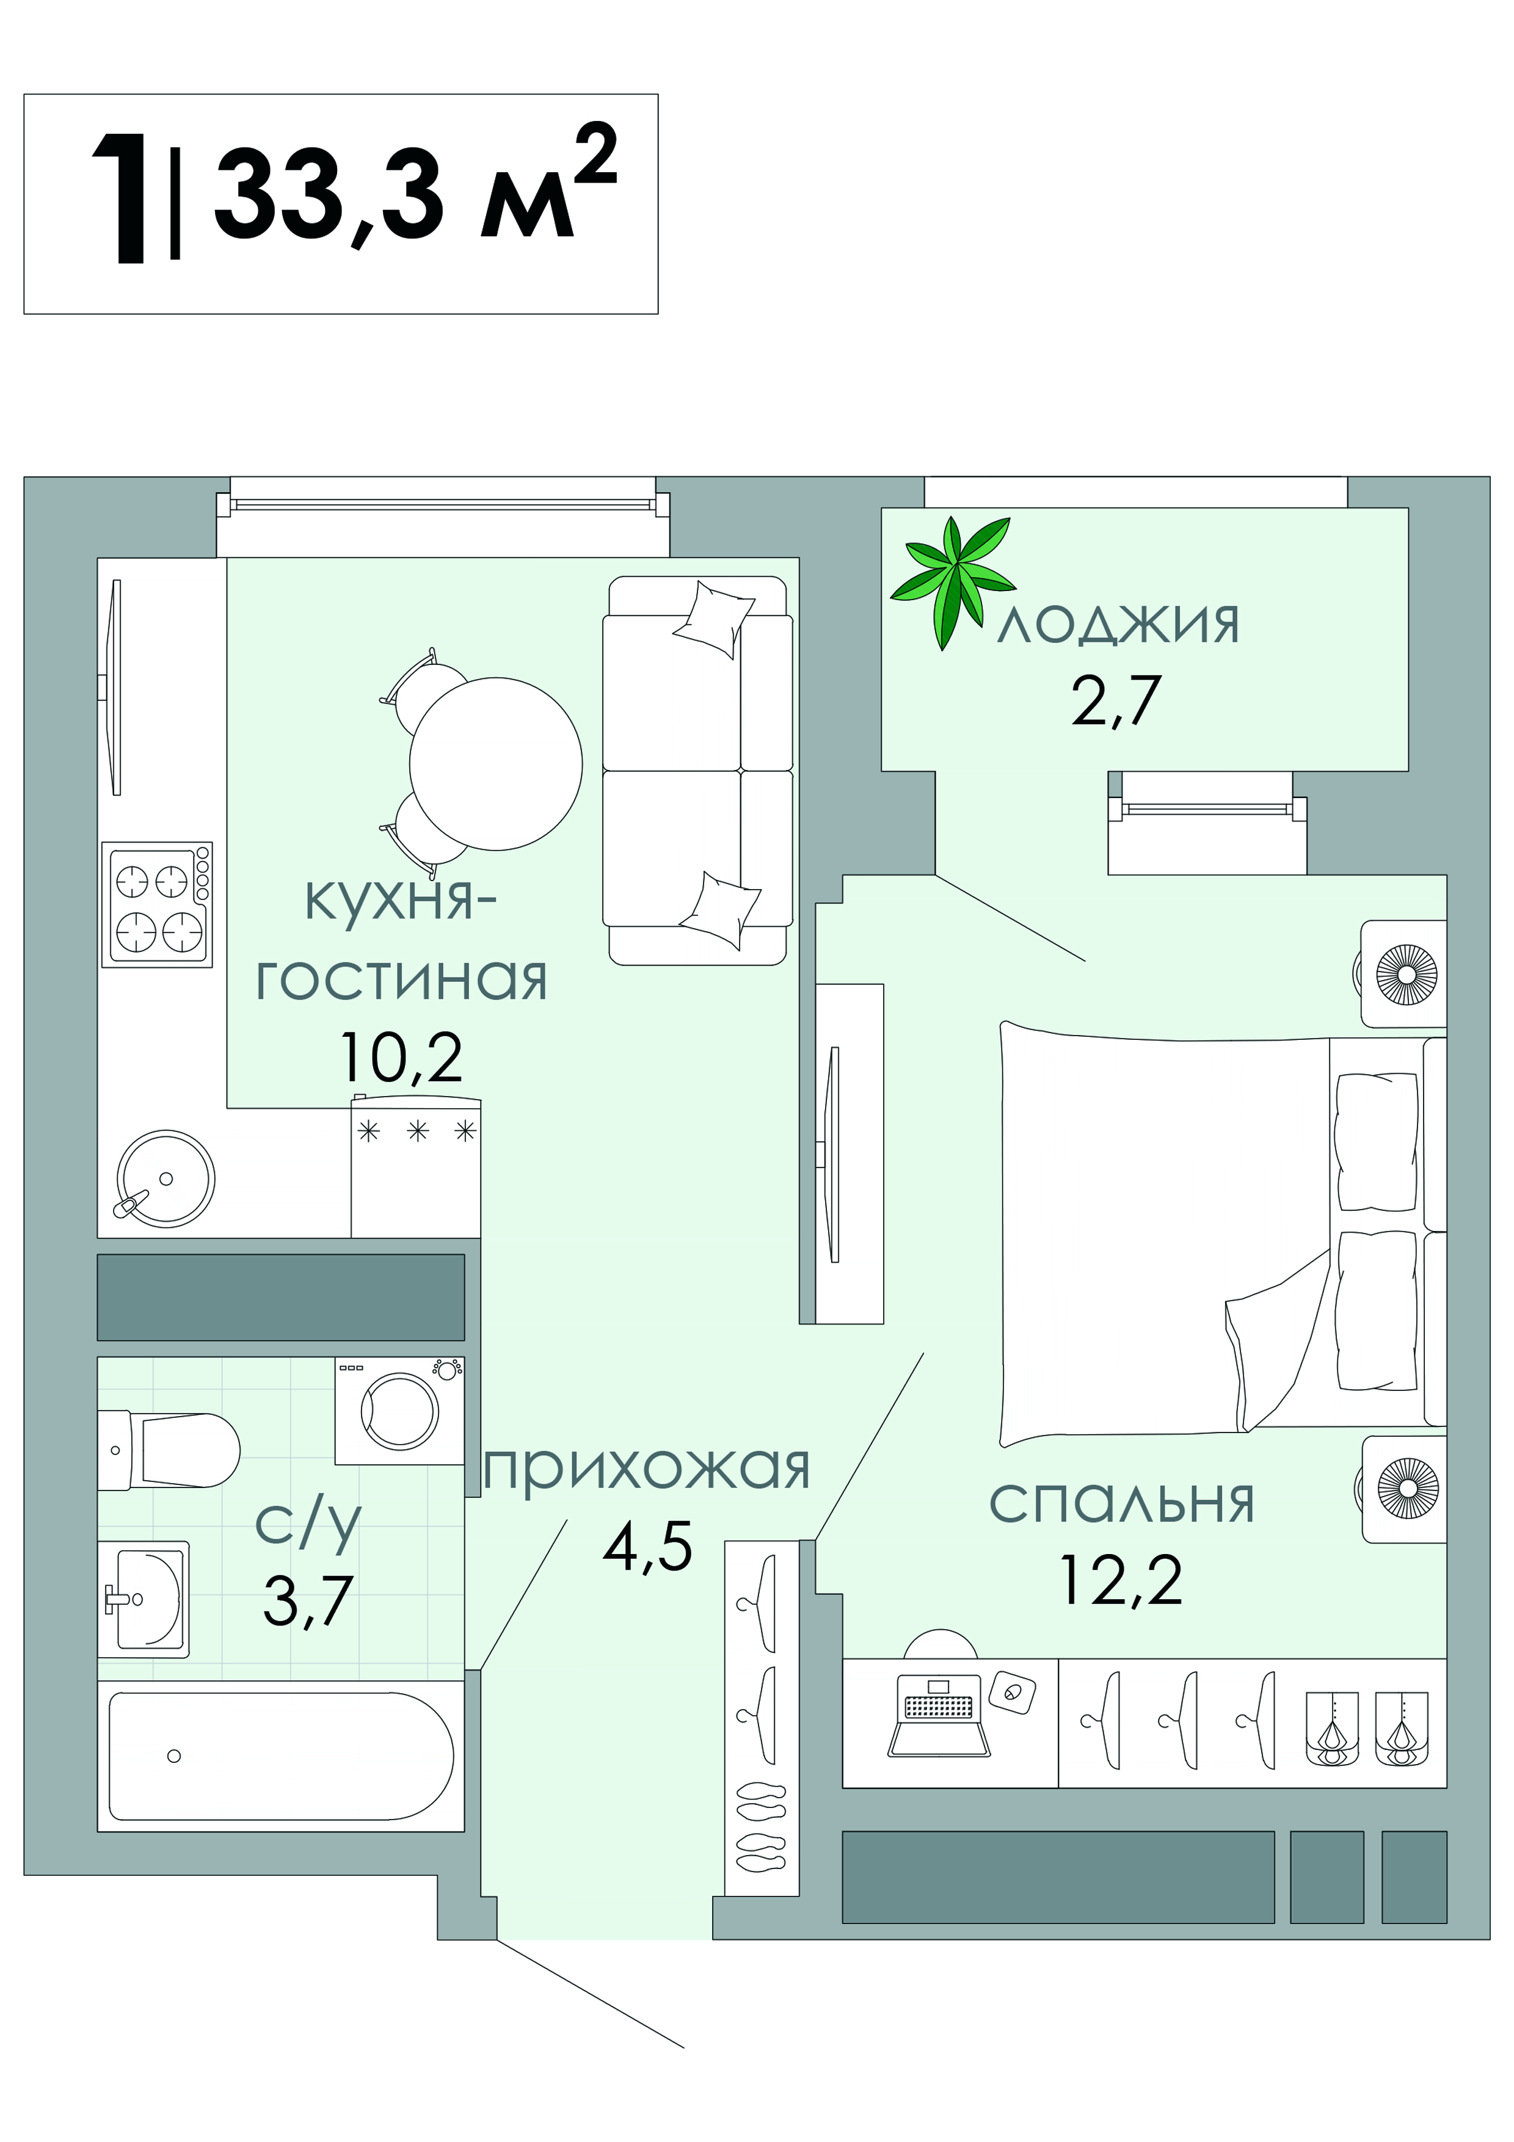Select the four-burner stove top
157,904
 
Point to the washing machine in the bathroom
399,1410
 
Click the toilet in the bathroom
168,1450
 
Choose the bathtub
281,1755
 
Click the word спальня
1121,1503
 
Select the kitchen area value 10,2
401,1057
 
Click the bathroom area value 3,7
307,1600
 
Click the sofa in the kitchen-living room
698,771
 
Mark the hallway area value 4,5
647,1546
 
